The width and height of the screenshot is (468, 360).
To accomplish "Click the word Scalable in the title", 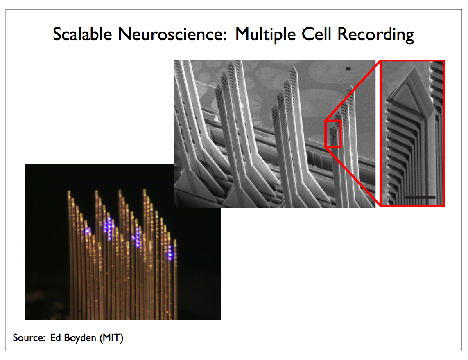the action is pos(82,34).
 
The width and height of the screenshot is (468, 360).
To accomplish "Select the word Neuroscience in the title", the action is pos(172,34).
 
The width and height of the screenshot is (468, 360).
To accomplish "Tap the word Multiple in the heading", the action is pos(265,35).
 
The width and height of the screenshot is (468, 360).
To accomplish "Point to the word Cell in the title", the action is pos(317,34).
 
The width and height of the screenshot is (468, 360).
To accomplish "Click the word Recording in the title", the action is pos(375,35).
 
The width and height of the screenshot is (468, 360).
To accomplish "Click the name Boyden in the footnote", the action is pos(80,338).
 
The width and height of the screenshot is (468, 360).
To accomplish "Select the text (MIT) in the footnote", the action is pos(111,338).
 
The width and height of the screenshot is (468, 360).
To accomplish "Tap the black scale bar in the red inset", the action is pos(420,198).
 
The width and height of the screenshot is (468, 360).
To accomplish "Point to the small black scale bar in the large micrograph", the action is pos(348,69).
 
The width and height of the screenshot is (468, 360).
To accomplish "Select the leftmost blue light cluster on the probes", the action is pos(87,231).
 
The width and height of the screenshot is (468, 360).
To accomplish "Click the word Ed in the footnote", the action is pos(56,337).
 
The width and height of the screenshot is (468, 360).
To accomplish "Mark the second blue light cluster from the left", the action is pos(108,228).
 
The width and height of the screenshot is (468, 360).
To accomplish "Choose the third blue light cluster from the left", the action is pos(137,238).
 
